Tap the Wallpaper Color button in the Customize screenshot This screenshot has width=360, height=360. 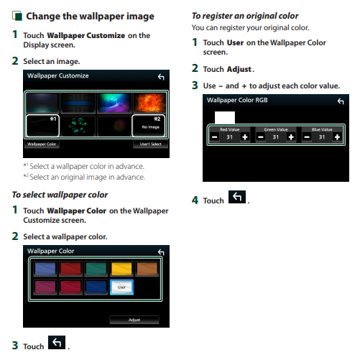coord(42,144)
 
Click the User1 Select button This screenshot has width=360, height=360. coord(150,144)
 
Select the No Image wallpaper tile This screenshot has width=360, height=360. coord(149,126)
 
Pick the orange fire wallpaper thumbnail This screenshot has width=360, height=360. coord(149,103)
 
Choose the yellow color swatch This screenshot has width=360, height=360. coord(121,269)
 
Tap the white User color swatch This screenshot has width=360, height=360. coord(121,287)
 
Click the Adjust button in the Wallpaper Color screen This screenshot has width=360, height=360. coord(134,320)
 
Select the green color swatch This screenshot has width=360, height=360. coord(96,269)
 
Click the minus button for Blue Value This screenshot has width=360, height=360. coord(307,137)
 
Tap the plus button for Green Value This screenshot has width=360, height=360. coord(291,137)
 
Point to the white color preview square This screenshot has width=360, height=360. coord(225,117)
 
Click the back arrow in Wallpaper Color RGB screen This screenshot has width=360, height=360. coord(341,101)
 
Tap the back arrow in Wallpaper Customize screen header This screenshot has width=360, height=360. coord(161,77)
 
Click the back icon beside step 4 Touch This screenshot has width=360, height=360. coord(237,197)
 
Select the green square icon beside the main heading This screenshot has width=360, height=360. coord(17,16)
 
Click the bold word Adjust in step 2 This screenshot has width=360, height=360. coord(239,69)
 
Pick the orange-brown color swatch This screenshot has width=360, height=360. coord(147,269)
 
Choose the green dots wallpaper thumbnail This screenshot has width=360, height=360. coord(78,126)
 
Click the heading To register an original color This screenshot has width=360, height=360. coord(245,16)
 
